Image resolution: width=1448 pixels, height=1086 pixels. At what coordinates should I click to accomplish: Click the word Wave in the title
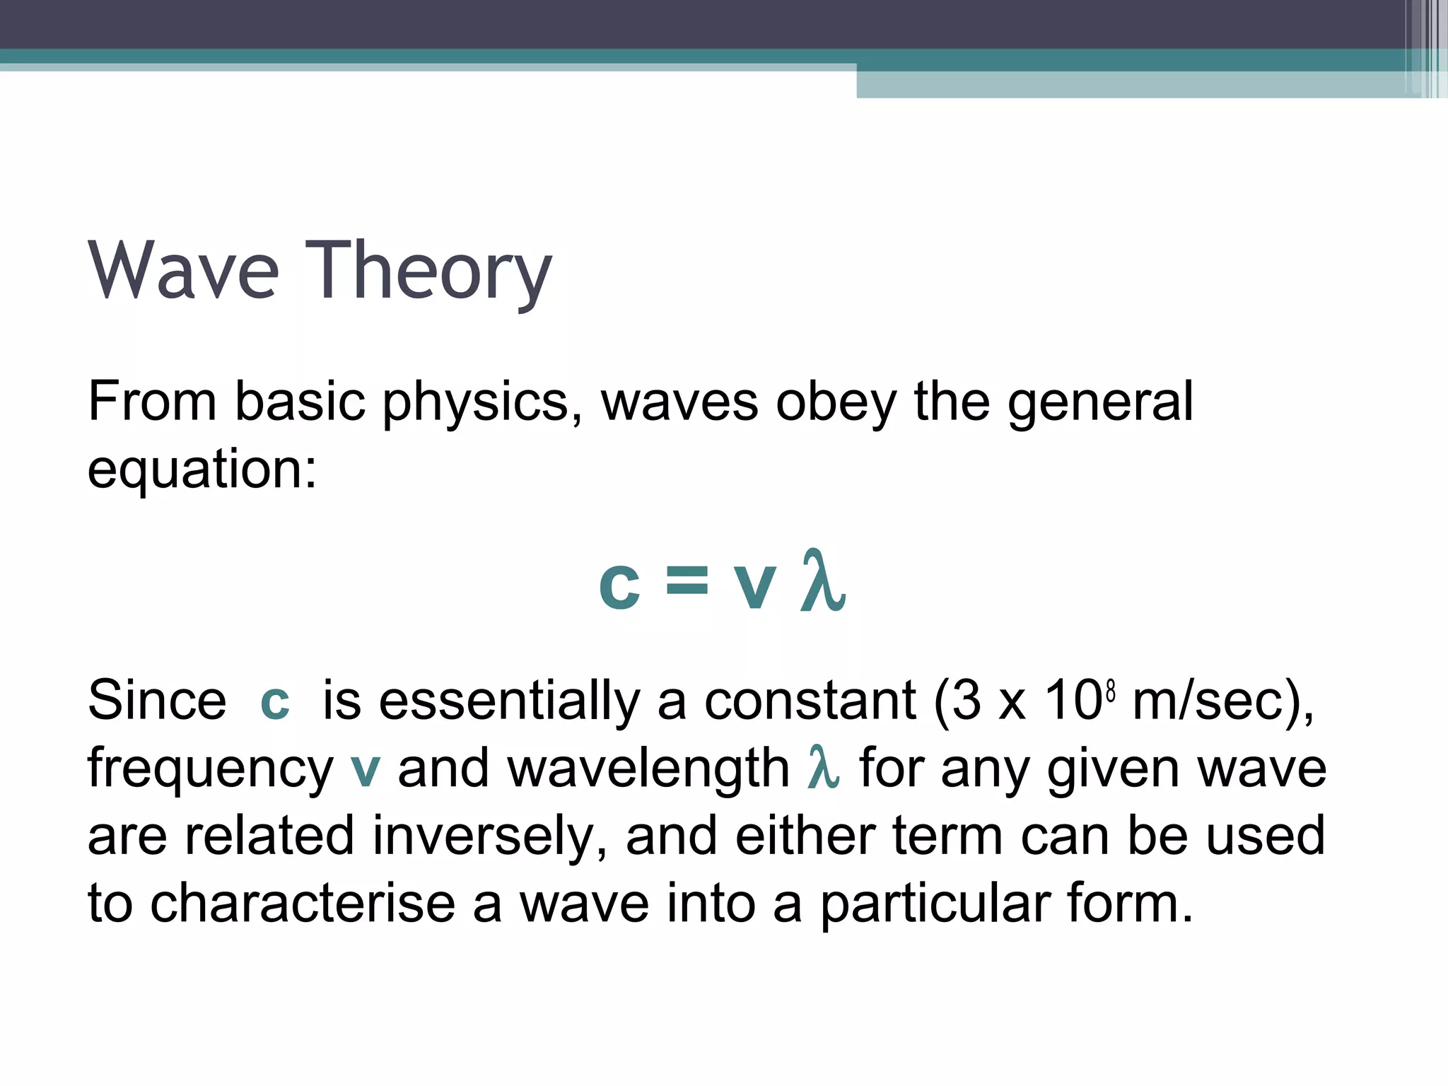[x=184, y=271]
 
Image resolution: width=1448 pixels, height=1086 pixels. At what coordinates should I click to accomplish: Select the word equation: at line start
[x=202, y=470]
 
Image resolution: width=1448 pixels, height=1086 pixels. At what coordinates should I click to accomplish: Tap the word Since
[x=157, y=701]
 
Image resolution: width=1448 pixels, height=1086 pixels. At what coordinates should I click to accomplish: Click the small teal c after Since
[x=275, y=703]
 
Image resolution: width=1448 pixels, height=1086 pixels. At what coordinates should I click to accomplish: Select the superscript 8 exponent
[x=1111, y=690]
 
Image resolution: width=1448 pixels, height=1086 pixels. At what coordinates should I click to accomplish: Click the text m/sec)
[x=1222, y=701]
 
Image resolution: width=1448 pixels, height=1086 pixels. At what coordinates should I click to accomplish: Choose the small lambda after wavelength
[x=823, y=767]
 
